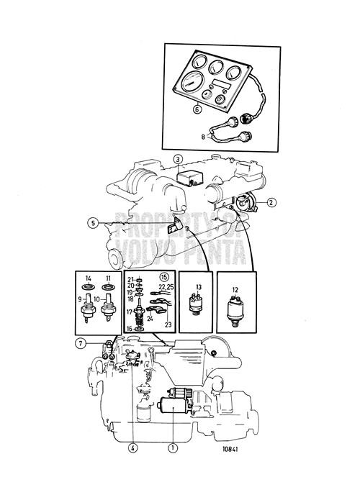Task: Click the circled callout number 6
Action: click(x=197, y=110)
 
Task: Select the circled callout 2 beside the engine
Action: click(x=271, y=202)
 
